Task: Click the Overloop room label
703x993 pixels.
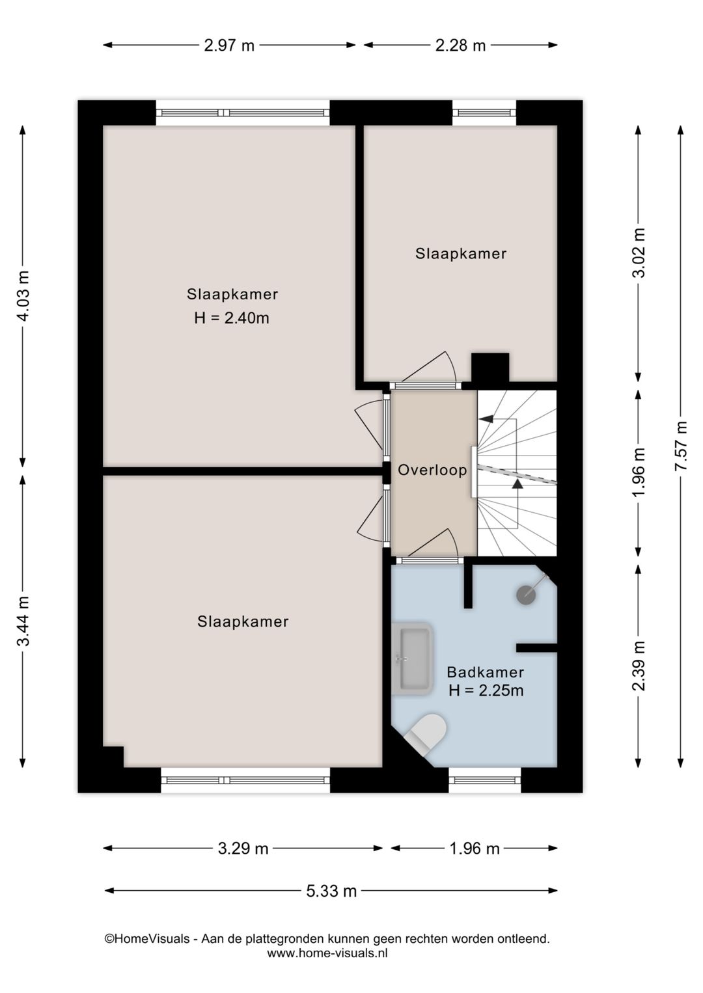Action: (432, 470)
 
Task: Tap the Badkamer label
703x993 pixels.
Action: (485, 672)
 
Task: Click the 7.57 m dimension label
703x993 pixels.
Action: (681, 446)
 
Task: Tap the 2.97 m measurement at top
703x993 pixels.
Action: (229, 45)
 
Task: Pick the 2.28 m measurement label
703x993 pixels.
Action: (460, 45)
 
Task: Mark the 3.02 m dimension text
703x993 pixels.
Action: (639, 252)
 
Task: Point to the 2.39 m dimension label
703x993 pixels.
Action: (639, 666)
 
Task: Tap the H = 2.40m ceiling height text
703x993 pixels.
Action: (232, 318)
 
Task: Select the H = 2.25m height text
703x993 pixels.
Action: (486, 690)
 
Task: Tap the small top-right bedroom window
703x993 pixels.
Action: (484, 113)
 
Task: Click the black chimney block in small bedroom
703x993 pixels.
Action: (489, 367)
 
